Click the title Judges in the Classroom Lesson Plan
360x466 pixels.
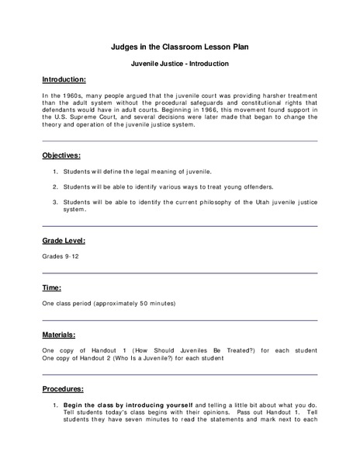point(179,45)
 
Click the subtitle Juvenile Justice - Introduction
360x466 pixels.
point(179,62)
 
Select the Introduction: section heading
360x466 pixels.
point(64,80)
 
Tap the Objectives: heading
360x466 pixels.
point(61,155)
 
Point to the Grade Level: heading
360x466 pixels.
point(64,241)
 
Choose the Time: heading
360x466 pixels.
point(52,287)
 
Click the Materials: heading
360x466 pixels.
point(59,335)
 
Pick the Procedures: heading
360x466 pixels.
point(63,388)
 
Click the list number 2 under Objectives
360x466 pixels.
point(56,187)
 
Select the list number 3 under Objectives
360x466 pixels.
point(56,203)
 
